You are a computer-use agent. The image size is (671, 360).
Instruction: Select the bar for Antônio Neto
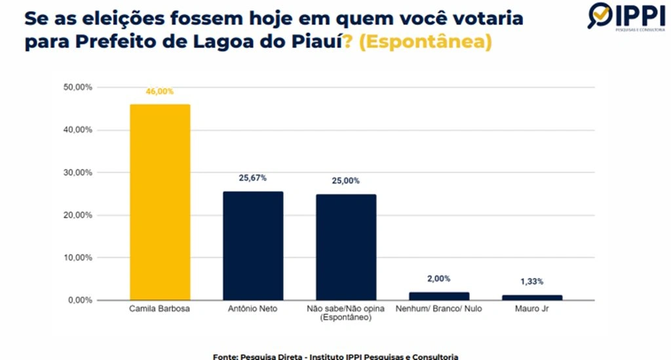tap(253, 246)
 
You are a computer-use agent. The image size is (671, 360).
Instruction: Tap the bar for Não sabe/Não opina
tap(346, 247)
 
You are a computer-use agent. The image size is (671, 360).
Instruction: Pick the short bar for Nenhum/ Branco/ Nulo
tap(439, 296)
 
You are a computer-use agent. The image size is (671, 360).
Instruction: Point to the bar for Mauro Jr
tap(532, 298)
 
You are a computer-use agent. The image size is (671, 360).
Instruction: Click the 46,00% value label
tap(160, 92)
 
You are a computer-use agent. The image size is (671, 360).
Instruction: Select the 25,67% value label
tap(253, 178)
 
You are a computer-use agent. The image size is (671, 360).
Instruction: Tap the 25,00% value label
tap(346, 181)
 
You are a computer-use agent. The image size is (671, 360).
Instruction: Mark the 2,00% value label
tap(439, 279)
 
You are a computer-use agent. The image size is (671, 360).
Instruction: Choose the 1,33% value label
tap(532, 281)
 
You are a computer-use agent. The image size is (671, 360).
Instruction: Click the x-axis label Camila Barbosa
tap(160, 309)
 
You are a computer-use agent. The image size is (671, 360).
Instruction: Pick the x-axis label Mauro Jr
tap(532, 309)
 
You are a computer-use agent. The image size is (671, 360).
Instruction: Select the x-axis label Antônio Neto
tap(253, 309)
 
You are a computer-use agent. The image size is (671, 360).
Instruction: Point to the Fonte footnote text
tap(335, 356)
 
